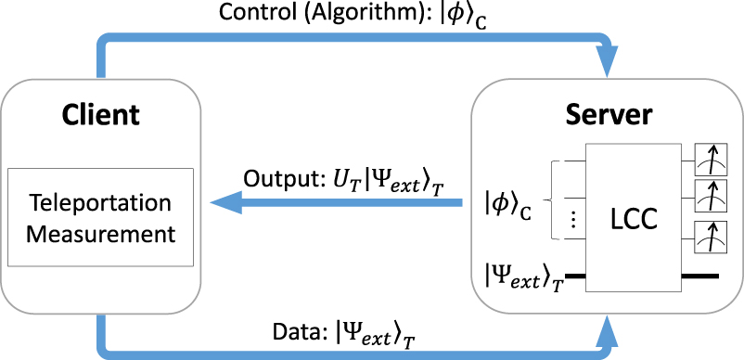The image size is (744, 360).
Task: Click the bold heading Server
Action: click(x=609, y=115)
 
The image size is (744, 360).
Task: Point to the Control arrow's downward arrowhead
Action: click(x=607, y=65)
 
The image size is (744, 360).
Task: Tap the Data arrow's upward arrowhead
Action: click(x=607, y=327)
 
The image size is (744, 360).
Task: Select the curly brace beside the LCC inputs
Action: click(x=552, y=198)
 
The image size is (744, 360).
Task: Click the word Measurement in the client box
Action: click(x=100, y=232)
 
